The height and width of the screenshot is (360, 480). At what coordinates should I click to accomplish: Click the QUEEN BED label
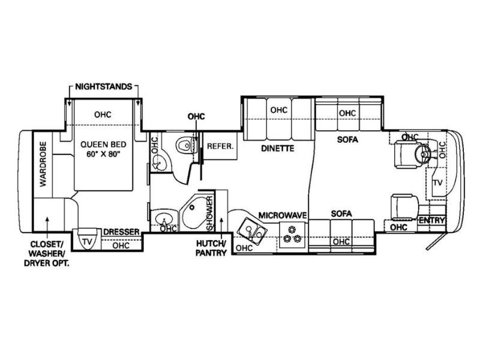coord(103,144)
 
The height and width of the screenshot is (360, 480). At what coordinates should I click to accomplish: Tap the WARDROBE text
coord(43,164)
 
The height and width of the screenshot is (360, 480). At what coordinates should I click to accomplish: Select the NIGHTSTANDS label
coord(103,86)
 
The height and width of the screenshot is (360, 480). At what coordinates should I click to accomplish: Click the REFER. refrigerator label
coord(220,146)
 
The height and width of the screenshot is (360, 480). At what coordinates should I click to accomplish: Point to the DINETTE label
coord(278,148)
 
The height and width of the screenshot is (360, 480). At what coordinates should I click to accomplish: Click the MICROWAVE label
coord(282,215)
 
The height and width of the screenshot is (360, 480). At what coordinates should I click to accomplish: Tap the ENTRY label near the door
coord(431,220)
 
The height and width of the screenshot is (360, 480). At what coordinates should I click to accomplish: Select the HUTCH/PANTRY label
coord(212,248)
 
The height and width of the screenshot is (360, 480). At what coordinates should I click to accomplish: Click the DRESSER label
coord(121,232)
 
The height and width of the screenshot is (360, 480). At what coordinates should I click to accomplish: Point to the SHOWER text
coord(210,214)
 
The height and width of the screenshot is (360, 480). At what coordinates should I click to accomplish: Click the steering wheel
coord(423,152)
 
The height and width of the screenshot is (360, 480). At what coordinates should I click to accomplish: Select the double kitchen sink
coord(253,232)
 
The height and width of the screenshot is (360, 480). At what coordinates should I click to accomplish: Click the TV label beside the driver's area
coord(437,183)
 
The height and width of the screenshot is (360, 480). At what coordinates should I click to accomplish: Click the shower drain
coord(192,208)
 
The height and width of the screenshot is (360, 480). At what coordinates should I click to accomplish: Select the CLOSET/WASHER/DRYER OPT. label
coord(47,253)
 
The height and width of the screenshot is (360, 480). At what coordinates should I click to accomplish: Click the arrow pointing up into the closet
coord(47,227)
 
